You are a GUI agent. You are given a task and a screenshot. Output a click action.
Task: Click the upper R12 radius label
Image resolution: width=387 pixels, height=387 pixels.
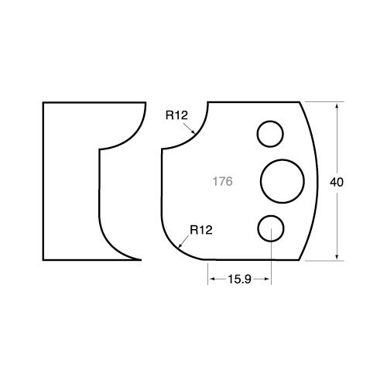pos(176,115)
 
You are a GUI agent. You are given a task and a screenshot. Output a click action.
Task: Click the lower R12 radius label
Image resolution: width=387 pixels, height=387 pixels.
pos(201,230)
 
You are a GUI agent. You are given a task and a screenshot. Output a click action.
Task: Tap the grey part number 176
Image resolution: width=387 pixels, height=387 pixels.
pos(222,181)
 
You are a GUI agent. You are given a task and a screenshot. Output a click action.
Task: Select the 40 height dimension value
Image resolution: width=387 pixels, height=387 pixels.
pos(337,183)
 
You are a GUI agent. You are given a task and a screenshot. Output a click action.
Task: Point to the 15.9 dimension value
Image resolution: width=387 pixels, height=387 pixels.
pos(239,279)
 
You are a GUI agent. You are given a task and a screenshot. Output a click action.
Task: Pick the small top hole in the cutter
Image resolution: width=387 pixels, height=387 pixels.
pos(270,121)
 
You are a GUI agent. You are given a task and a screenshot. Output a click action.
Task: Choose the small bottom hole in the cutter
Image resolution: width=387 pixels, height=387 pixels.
pos(271,215)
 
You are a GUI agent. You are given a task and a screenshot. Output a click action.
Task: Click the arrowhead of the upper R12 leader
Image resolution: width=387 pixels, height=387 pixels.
pos(193,132)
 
